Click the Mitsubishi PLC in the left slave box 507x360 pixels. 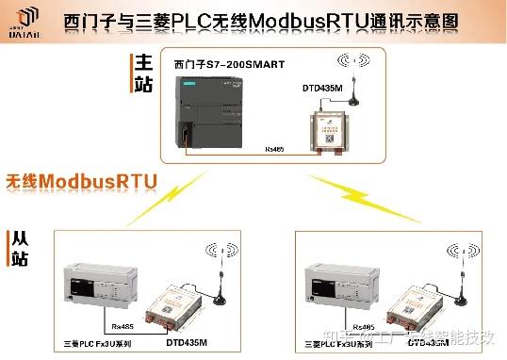tap(98, 286)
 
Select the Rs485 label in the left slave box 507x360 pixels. tap(122, 327)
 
